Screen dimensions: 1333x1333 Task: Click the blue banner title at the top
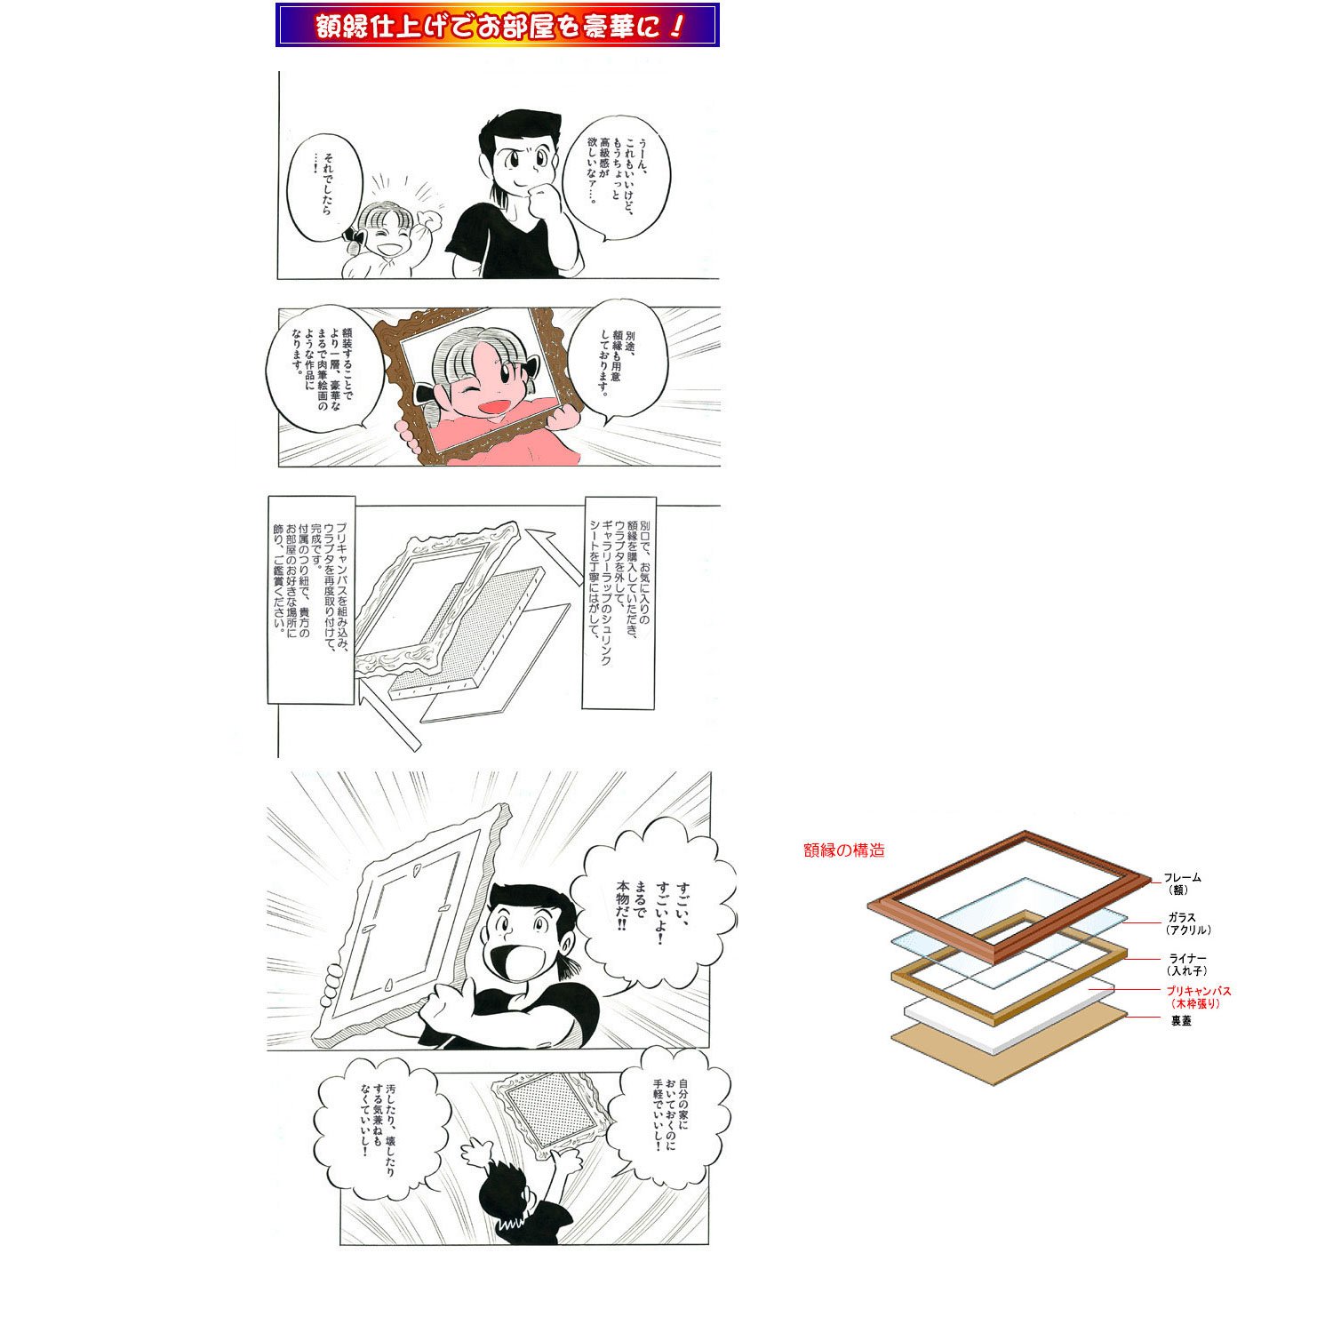(x=498, y=25)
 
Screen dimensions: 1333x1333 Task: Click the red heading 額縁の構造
(x=844, y=850)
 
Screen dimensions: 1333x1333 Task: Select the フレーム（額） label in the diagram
(x=1182, y=883)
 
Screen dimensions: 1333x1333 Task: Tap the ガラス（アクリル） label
(x=1187, y=924)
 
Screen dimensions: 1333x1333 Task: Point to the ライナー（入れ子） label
(x=1187, y=965)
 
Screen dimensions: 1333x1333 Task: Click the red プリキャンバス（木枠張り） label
(x=1198, y=997)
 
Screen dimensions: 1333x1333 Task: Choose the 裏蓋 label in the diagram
(x=1181, y=1021)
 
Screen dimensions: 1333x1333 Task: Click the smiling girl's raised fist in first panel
(x=434, y=220)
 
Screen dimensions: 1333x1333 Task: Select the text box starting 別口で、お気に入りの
(x=619, y=603)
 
